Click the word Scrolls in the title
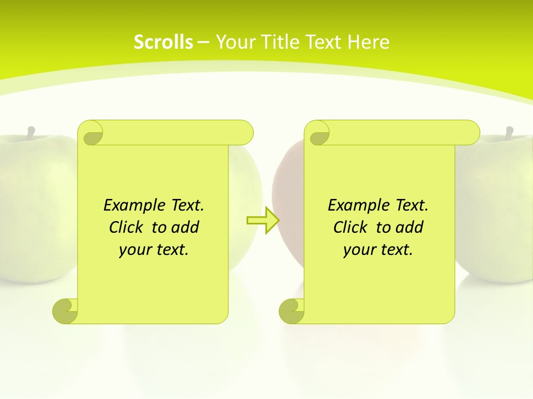[163, 42]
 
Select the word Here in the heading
[369, 42]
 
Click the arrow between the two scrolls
[263, 221]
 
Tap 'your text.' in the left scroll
[154, 249]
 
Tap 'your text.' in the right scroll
[378, 249]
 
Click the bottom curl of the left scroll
[66, 311]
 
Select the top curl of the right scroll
[318, 133]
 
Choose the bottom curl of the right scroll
[291, 311]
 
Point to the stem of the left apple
[31, 132]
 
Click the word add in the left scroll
[186, 227]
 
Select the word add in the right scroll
[410, 227]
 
